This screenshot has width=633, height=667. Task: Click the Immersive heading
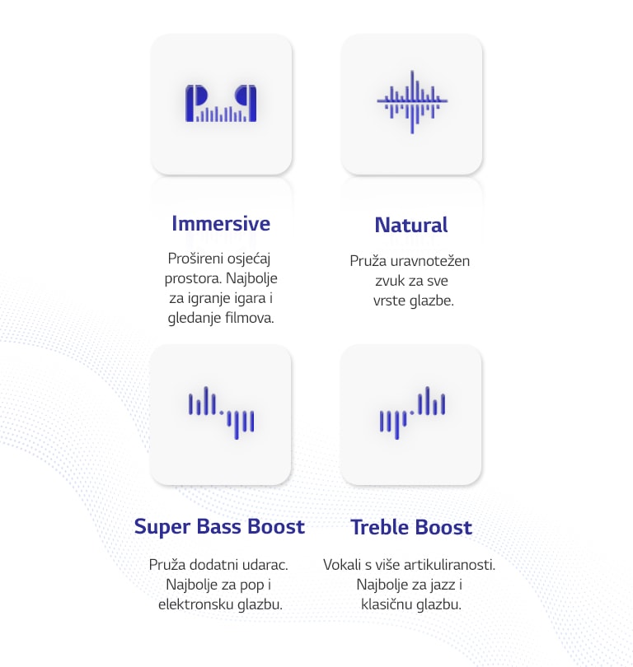pos(221,224)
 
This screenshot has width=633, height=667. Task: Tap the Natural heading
pos(411,225)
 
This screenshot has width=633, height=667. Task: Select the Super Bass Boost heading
pos(220,527)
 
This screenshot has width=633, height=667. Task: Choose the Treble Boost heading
pos(411,528)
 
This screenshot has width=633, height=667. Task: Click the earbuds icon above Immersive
pos(221,104)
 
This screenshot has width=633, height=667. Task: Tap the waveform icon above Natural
pos(411,101)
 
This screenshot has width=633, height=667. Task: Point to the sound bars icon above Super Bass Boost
pos(222,413)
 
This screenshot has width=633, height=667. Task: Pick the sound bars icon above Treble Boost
pos(412,413)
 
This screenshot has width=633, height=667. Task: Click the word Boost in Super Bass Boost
pos(276,527)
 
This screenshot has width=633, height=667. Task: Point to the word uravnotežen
pos(430,261)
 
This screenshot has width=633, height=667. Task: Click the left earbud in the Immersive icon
pos(195,104)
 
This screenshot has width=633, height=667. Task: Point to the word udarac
pos(265,565)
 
